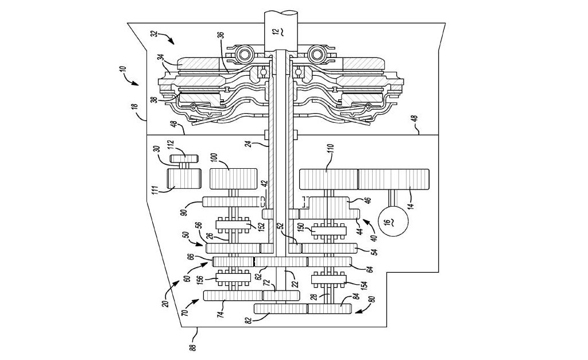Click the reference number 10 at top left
[x=123, y=72]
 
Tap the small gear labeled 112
[x=184, y=158]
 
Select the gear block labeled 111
[x=184, y=179]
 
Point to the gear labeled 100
[x=233, y=179]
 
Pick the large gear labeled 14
[x=393, y=179]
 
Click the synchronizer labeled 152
[x=233, y=225]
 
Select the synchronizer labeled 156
[x=233, y=278]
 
